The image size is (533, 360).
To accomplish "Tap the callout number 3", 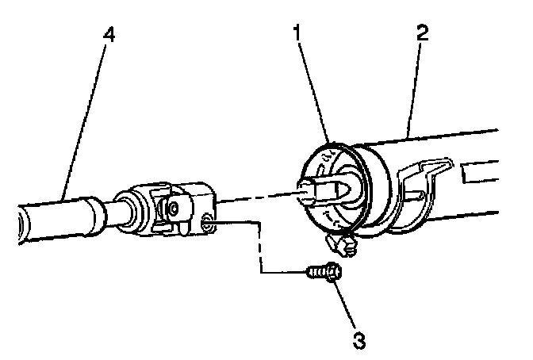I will tap(359, 342).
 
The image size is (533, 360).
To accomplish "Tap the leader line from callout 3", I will tap(346, 306).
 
